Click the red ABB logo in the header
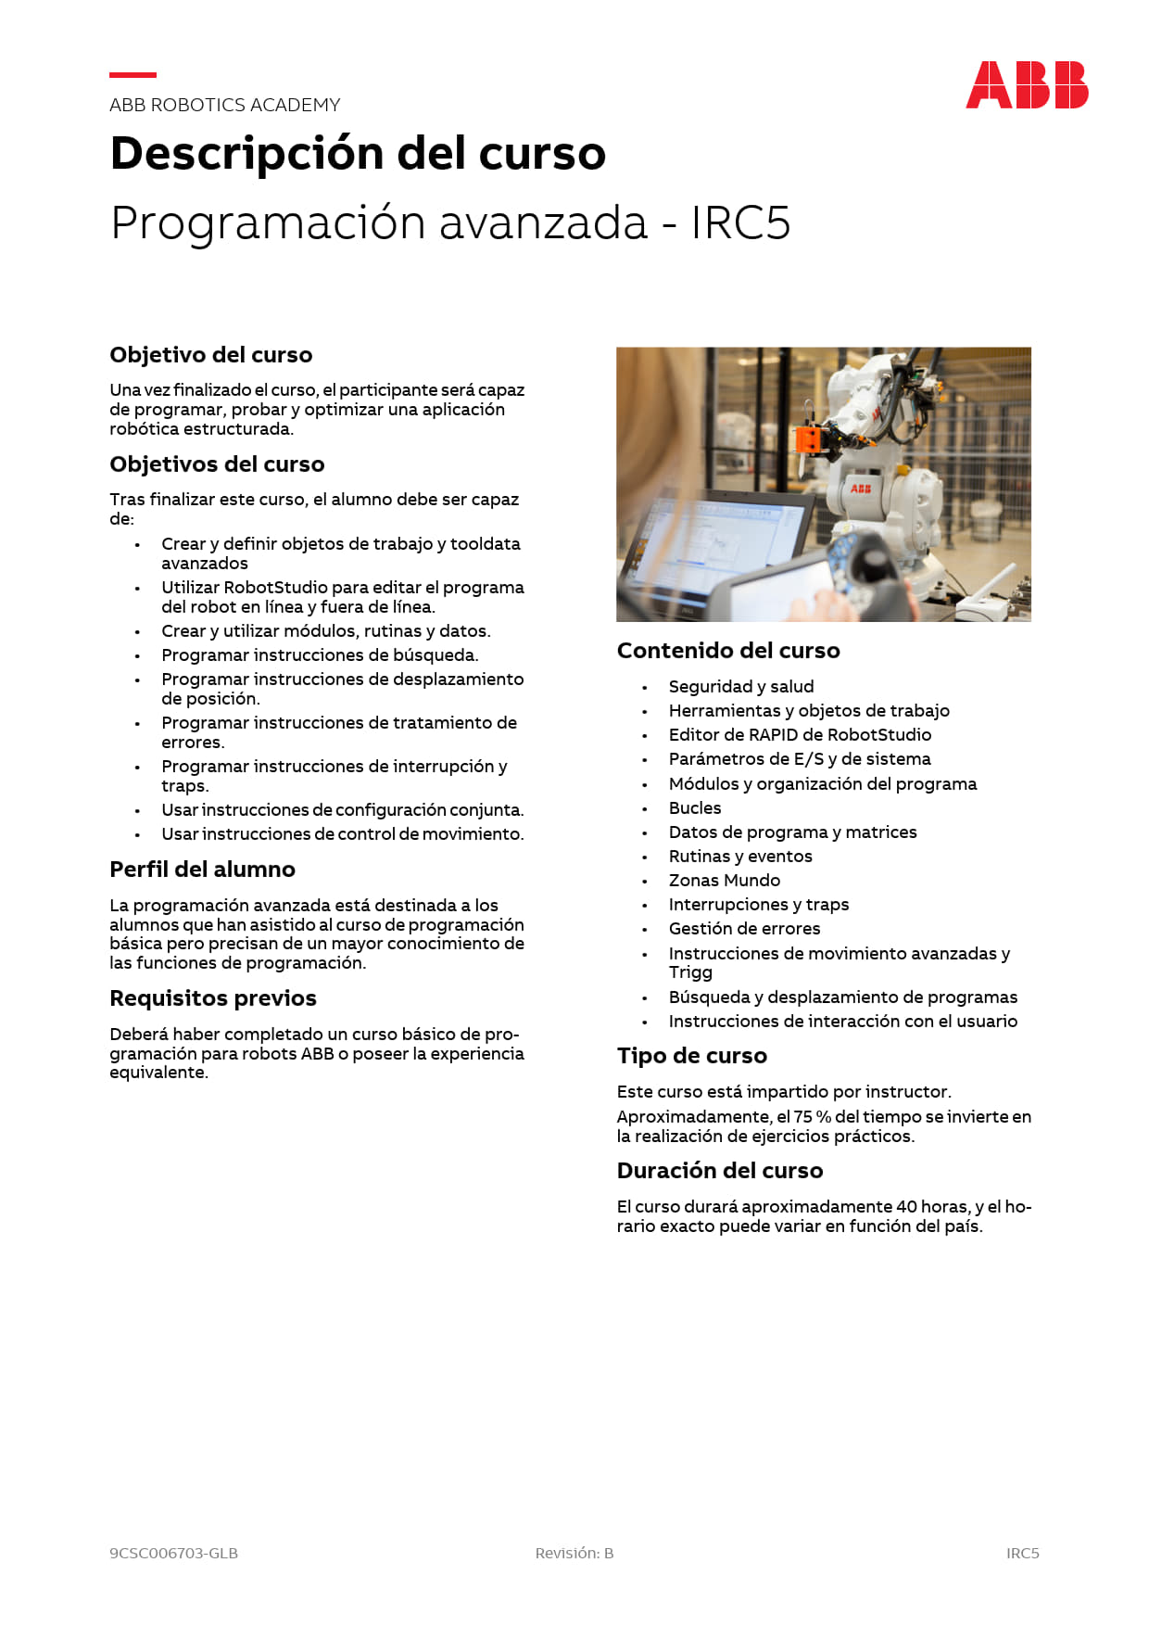pyautogui.click(x=1027, y=85)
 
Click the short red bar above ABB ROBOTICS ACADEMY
pyautogui.click(x=133, y=74)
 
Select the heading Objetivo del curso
pyautogui.click(x=210, y=355)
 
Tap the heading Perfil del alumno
pyautogui.click(x=202, y=870)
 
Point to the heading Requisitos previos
pyautogui.click(x=213, y=998)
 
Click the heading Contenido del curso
pyautogui.click(x=728, y=651)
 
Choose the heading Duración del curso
pyautogui.click(x=720, y=1171)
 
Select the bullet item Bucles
pyautogui.click(x=695, y=808)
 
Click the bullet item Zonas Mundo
pyautogui.click(x=725, y=881)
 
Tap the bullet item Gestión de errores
pyautogui.click(x=744, y=929)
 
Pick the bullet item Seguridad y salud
pyautogui.click(x=741, y=687)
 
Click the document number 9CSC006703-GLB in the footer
pyautogui.click(x=173, y=1554)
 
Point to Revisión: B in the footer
pyautogui.click(x=574, y=1554)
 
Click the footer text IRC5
pyautogui.click(x=1023, y=1554)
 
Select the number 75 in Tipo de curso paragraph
pyautogui.click(x=803, y=1117)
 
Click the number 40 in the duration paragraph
pyautogui.click(x=906, y=1207)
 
